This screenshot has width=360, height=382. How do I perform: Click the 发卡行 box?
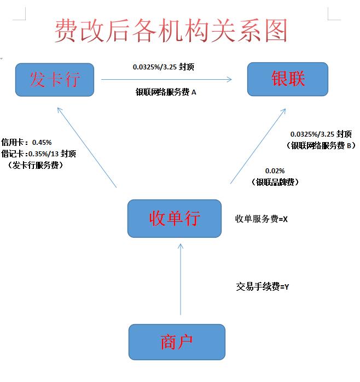pyautogui.click(x=55, y=80)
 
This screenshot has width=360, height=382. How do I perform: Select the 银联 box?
pyautogui.click(x=287, y=79)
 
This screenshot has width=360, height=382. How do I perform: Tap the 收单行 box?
pyautogui.click(x=175, y=218)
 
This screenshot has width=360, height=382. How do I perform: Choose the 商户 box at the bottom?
pyautogui.click(x=177, y=342)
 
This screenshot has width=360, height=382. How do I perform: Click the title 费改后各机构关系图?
pyautogui.click(x=170, y=31)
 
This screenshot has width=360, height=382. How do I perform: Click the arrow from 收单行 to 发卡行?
pyautogui.click(x=88, y=148)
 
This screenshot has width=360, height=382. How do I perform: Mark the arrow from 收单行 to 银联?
pyautogui.click(x=257, y=146)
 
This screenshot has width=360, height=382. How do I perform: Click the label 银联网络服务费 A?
pyautogui.click(x=166, y=92)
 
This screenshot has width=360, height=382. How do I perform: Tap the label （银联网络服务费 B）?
pyautogui.click(x=321, y=145)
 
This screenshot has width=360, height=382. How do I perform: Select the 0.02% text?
pyautogui.click(x=275, y=171)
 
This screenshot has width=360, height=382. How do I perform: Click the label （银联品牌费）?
pyautogui.click(x=277, y=182)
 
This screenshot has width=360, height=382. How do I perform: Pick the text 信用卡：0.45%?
pyautogui.click(x=26, y=142)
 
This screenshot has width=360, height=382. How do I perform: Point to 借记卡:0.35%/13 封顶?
pyautogui.click(x=38, y=154)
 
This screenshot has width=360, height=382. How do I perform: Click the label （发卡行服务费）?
pyautogui.click(x=36, y=164)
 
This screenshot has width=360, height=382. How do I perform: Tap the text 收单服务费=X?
pyautogui.click(x=262, y=219)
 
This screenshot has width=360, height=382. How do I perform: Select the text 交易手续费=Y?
pyautogui.click(x=263, y=286)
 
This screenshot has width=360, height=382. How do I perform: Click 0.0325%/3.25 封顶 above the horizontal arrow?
pyautogui.click(x=164, y=67)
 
